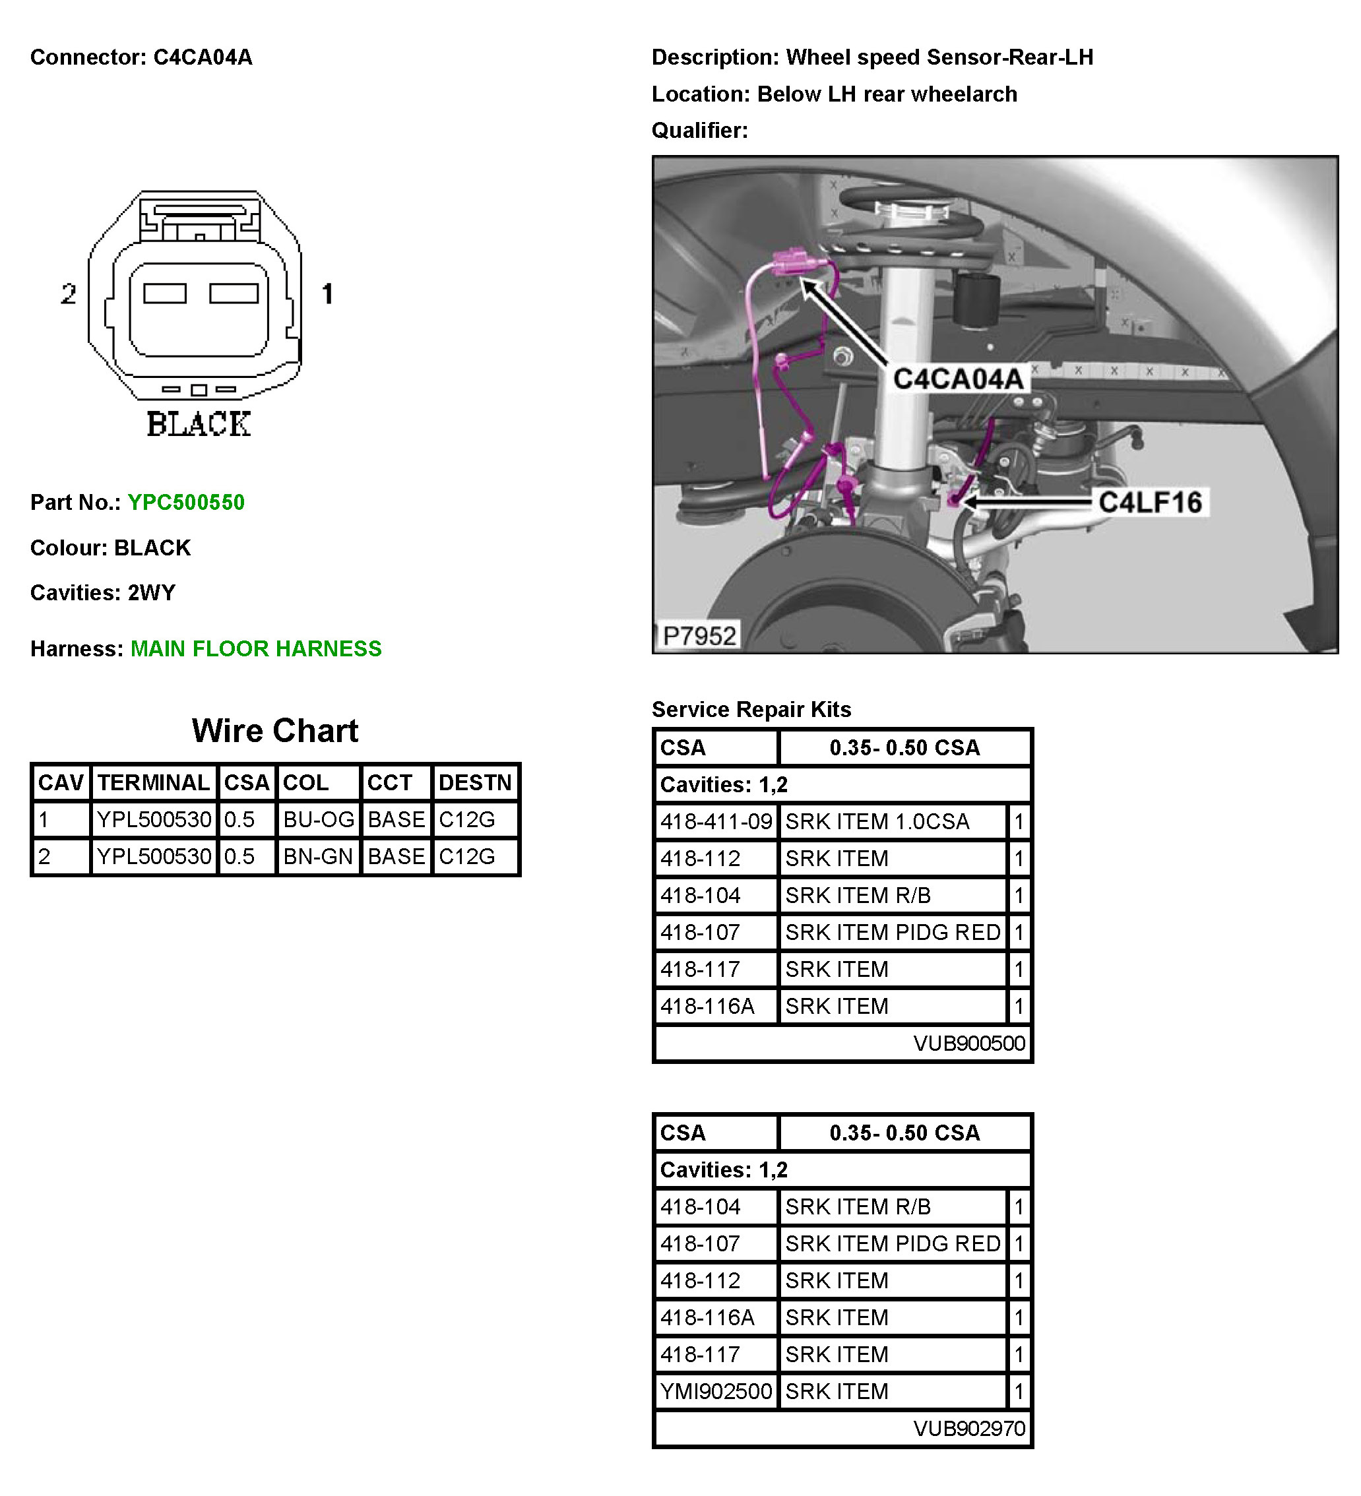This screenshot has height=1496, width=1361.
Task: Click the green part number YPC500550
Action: (185, 503)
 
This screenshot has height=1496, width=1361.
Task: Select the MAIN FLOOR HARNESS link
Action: (256, 648)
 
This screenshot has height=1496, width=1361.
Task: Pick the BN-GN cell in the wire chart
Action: (317, 856)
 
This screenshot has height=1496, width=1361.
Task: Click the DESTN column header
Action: (475, 782)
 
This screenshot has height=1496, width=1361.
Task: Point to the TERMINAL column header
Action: (154, 782)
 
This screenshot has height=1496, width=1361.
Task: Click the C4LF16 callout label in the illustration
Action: (1149, 503)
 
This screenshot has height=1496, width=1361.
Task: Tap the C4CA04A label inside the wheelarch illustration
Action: (957, 379)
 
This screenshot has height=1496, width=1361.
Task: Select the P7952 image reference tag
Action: (698, 636)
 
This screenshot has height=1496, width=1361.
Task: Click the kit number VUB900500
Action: (968, 1044)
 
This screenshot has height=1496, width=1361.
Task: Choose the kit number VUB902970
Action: (968, 1429)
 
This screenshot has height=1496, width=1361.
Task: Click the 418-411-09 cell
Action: (716, 821)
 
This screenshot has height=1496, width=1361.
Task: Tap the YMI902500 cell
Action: (716, 1391)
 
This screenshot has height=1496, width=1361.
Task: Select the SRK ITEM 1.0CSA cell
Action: (877, 821)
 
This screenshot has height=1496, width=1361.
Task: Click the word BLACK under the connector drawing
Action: (199, 425)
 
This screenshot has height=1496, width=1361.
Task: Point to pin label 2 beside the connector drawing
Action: (68, 295)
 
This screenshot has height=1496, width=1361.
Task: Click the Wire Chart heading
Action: (274, 731)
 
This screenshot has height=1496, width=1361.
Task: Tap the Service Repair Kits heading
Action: (751, 710)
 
